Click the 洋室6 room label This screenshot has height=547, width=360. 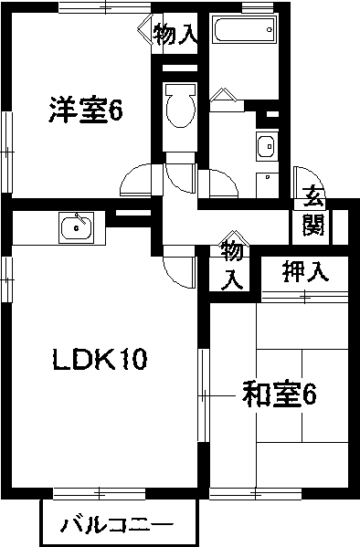86,111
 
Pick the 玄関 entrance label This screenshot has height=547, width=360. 313,210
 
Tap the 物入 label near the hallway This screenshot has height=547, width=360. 232,262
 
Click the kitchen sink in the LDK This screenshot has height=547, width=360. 75,226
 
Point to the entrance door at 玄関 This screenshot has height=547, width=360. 305,180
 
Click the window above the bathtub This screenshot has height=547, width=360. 258,8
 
